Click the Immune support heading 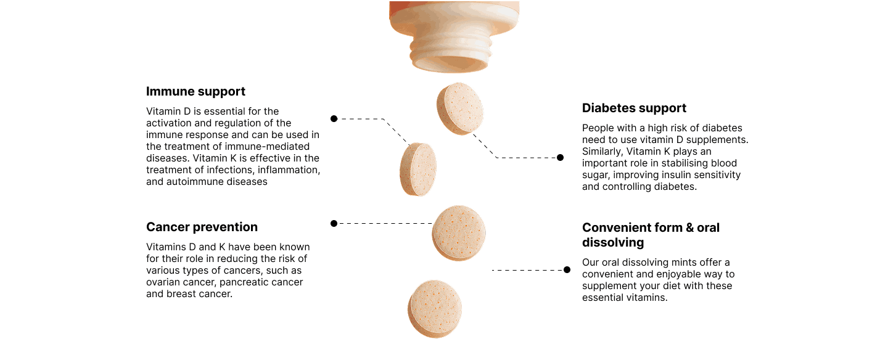195,92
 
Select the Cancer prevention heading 202,227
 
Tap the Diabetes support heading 634,108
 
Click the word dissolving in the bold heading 613,242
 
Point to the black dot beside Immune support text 334,118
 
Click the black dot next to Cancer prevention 334,224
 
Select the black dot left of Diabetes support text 560,157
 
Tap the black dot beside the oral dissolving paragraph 567,269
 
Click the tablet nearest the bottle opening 460,108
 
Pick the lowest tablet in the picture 435,309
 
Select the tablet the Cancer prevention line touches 459,233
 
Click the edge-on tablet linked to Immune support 418,170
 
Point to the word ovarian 162,282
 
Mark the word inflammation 289,170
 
